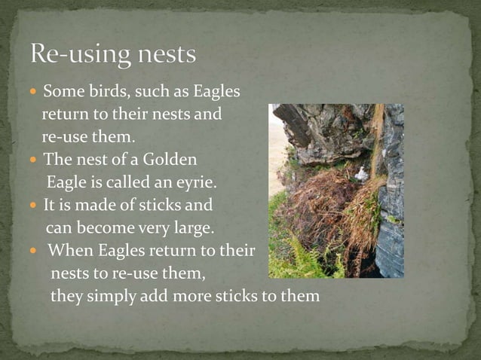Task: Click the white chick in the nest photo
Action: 361,174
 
